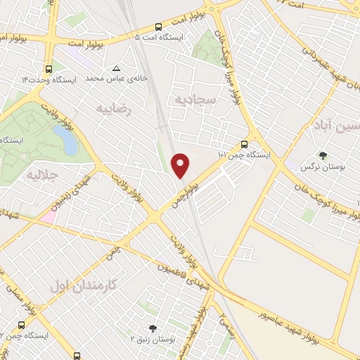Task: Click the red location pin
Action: coord(181,165)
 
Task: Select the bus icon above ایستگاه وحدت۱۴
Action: coord(48,69)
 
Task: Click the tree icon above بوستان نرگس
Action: coord(323,155)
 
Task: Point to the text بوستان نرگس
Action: coord(316,167)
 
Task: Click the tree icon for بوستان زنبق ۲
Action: coord(153,328)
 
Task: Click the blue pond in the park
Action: coord(70,141)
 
